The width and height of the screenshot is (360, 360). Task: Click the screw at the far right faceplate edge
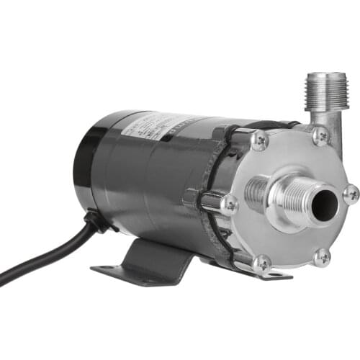[x=351, y=193]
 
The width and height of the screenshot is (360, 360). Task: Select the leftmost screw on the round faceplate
[x=230, y=204]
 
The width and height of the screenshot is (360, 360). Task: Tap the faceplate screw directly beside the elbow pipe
[x=320, y=135]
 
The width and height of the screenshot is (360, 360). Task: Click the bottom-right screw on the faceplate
[x=322, y=256]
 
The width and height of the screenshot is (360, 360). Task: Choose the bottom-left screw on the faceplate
[x=262, y=263]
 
